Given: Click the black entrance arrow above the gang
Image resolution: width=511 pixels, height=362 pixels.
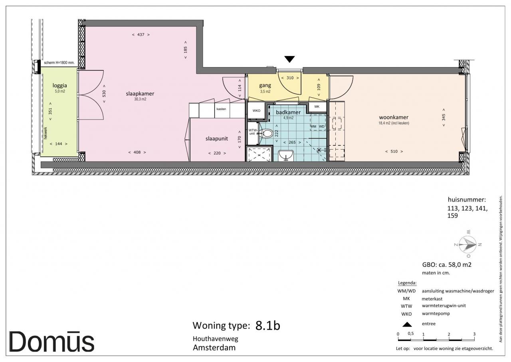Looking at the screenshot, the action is coord(290,59).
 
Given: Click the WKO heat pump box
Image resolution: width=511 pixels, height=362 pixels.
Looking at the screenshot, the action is coord(256,111).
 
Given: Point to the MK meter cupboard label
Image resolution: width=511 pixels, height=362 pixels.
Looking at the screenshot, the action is coord(317,106).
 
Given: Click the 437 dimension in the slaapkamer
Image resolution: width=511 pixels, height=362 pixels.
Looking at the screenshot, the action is coord(141,35).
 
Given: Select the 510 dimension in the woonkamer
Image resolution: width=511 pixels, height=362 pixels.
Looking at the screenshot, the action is coord(394,151).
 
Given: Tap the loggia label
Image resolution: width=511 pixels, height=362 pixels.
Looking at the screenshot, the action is coord(60,86).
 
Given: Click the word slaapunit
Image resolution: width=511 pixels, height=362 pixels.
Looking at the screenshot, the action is coord(217,138).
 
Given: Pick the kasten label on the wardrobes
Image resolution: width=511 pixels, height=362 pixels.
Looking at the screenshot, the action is coord(221,109).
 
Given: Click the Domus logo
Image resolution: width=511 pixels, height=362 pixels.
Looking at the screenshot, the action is coord(51,342).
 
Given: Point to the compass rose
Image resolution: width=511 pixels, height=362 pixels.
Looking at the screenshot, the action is coord(467,244).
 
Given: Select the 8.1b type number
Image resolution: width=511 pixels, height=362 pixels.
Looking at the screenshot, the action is coord(267,326).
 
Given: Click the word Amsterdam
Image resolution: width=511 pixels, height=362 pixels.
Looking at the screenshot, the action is coord(214,348).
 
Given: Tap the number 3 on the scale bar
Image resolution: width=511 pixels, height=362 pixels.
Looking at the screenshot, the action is coord(474,334).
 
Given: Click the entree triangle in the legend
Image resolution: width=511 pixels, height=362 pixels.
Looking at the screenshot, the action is coord(407,324).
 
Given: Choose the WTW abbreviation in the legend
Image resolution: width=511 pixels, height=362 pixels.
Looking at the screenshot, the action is coord(406,306).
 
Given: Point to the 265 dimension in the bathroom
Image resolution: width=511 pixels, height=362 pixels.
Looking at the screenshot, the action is coord(292,142).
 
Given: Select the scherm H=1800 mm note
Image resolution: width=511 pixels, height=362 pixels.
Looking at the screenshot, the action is coord(59,63).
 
